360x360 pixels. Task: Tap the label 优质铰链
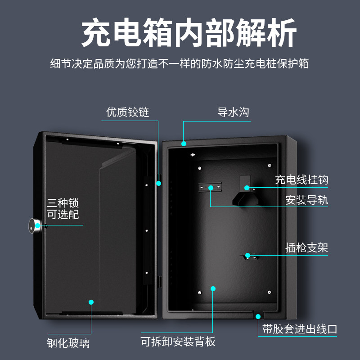pos(128,112)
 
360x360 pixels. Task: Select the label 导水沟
pos(233,112)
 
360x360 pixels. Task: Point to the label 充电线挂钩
pos(301,180)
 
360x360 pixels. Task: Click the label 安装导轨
pos(306,200)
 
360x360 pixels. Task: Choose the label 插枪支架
pos(306,247)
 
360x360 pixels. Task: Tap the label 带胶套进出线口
pos(300,329)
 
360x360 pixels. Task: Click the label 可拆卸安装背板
pos(178,342)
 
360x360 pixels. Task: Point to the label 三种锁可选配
pos(63,209)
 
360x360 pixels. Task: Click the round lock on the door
pos(36,225)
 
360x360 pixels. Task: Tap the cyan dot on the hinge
pos(158,183)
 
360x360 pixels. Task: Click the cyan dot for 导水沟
pos(184,144)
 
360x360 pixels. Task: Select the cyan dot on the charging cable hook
pos(247,187)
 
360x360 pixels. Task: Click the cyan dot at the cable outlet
pos(258,316)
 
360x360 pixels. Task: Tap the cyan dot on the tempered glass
pos(91,302)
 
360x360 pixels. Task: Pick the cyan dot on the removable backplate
pos(213,288)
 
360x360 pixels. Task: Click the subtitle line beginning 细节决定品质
pos(180,63)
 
